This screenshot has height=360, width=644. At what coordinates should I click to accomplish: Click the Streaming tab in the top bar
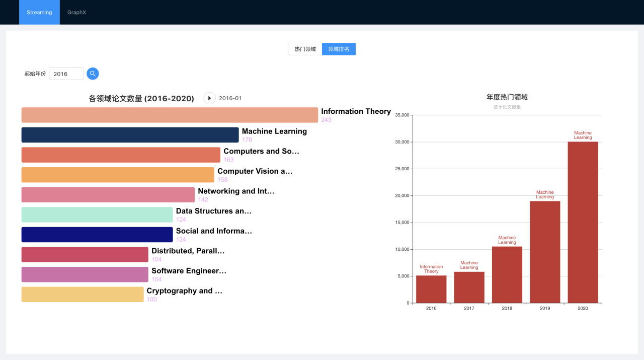pos(39,12)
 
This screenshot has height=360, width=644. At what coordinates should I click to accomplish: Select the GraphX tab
pos(76,12)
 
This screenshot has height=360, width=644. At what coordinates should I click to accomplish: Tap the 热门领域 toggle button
pos(305,49)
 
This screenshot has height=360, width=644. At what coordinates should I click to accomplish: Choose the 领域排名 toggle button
pos(339,49)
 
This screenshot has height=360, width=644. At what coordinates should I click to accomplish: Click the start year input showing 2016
pos(66,74)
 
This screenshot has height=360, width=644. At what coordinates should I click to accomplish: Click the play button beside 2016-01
pos(209,98)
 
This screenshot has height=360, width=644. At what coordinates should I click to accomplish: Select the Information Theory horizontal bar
pos(170,115)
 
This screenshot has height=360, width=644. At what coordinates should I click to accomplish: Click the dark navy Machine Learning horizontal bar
pos(130,135)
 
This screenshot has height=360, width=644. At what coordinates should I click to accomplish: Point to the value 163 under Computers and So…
pos(229,160)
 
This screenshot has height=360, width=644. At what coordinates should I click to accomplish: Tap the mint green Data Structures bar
pos(97,214)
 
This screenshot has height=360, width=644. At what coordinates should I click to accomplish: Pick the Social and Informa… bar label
pos(214,231)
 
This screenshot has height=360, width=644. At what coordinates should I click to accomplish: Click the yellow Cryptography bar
pos(83,295)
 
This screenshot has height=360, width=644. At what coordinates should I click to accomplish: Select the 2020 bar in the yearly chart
pos(583,222)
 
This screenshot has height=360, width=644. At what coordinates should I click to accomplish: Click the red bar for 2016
pos(431,289)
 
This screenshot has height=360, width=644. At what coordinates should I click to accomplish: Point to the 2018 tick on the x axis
pos(507,308)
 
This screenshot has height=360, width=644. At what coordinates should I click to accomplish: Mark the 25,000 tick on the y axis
pos(401,169)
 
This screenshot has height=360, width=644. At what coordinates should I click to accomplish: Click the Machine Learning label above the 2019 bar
pos(545,194)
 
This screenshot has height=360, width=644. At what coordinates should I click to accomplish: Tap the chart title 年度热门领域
pos(507,97)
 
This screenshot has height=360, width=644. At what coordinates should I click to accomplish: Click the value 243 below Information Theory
pos(327,120)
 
